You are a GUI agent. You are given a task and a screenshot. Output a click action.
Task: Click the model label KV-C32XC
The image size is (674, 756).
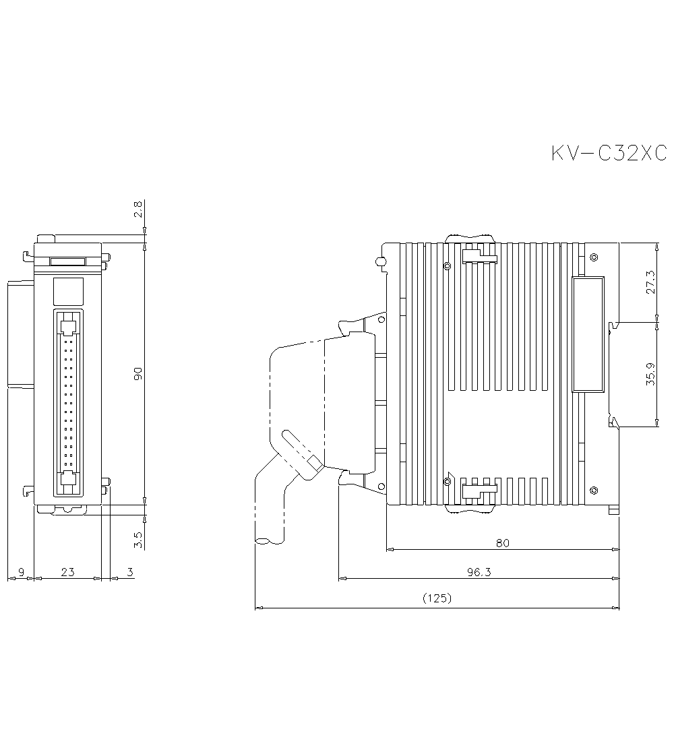point(608,154)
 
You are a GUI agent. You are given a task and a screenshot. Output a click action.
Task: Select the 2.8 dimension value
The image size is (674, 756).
point(138,210)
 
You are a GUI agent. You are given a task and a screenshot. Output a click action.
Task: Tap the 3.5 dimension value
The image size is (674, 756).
point(138,539)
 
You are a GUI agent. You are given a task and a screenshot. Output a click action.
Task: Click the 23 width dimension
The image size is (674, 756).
point(67,572)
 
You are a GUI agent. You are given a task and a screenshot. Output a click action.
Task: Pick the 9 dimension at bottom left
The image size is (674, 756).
point(21,572)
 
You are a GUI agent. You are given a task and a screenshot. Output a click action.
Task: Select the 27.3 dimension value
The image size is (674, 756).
point(650,282)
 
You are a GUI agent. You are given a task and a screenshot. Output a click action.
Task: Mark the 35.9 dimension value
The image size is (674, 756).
point(650,375)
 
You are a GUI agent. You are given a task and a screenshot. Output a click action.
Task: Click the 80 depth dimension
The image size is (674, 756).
point(502,542)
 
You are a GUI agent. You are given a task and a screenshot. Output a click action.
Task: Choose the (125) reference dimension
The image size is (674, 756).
point(436,598)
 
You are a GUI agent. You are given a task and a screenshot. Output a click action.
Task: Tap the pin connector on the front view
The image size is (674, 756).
point(67,403)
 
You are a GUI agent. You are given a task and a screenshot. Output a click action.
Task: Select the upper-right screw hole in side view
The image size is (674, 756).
point(593,257)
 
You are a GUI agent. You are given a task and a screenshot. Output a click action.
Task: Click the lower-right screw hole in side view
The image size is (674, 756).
point(593,489)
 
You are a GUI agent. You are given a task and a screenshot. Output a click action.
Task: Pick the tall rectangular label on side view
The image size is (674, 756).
point(588,334)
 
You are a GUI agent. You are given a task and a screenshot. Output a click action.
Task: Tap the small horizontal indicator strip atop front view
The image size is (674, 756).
point(67,261)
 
